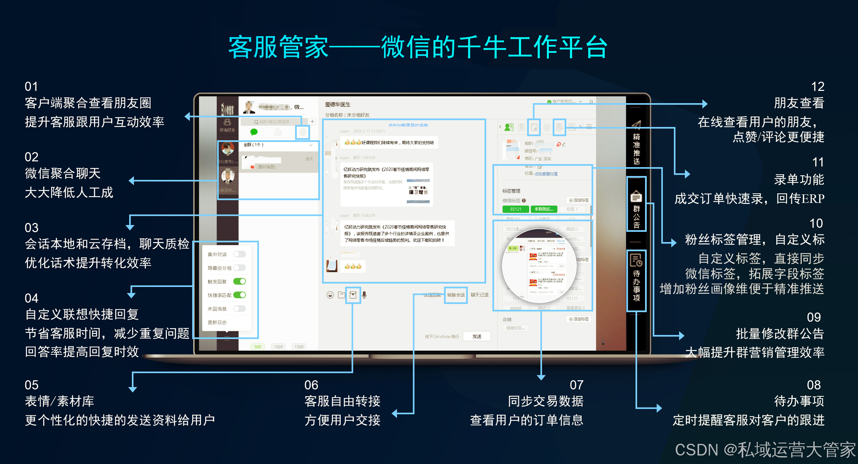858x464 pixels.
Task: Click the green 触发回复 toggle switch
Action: (240, 281)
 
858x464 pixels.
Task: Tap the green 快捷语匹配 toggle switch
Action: (240, 295)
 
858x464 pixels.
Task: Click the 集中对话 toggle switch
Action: (240, 254)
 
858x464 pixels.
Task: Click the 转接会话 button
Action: (456, 295)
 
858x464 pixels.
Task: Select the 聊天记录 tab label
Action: (479, 295)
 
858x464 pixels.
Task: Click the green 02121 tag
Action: (516, 209)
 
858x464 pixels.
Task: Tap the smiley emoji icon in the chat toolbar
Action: (330, 295)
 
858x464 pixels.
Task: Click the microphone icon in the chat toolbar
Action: (364, 295)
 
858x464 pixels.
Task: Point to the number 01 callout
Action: (31, 86)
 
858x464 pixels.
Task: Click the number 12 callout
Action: (817, 86)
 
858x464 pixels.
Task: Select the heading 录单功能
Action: (799, 179)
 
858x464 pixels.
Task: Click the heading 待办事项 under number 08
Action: (799, 401)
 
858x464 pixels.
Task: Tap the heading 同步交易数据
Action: (546, 401)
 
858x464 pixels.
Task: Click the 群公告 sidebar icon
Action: (636, 197)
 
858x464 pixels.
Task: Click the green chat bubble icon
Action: (254, 132)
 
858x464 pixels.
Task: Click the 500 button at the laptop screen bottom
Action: (258, 347)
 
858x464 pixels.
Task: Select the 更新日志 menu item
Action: (217, 322)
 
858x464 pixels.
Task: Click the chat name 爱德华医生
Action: (338, 105)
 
